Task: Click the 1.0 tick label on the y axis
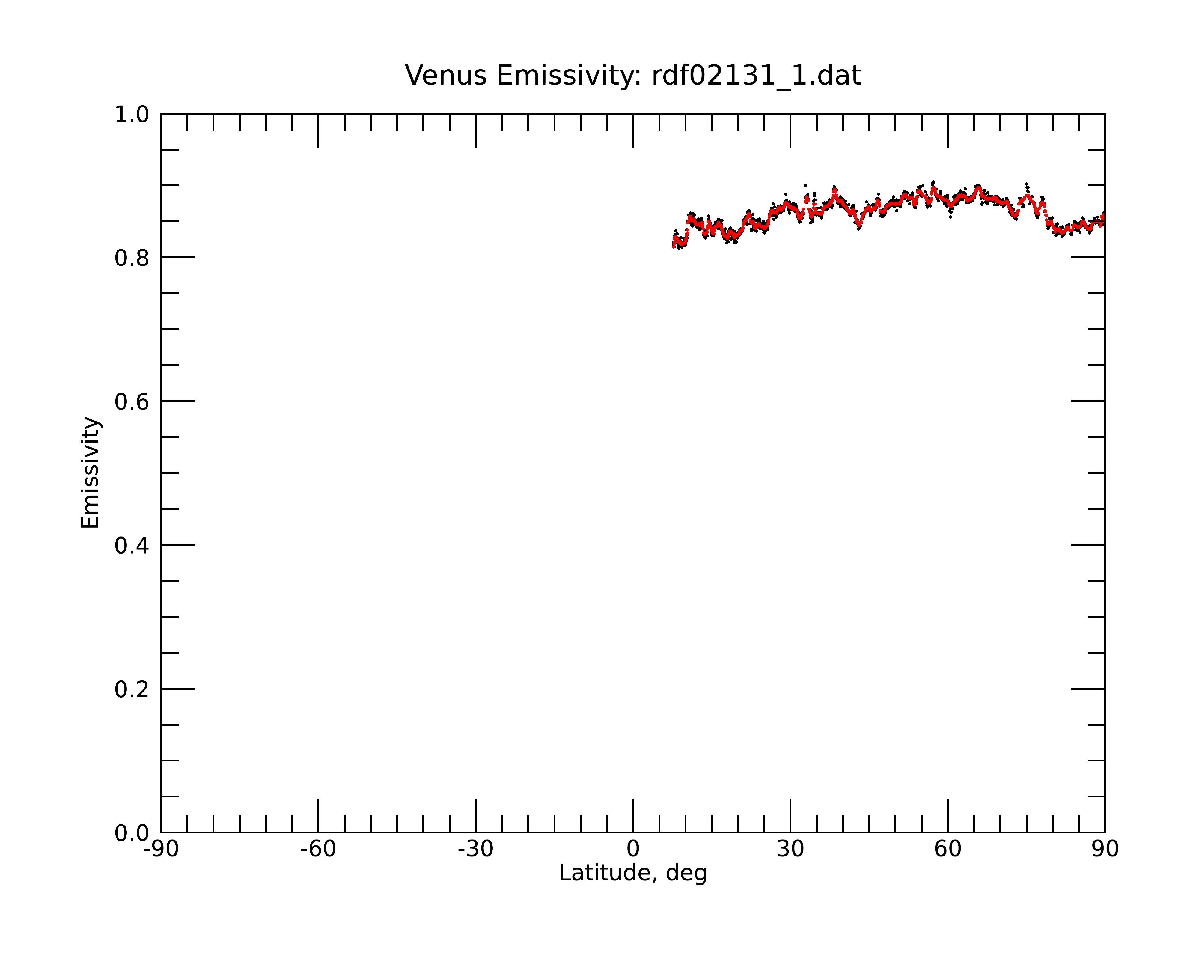pos(132,115)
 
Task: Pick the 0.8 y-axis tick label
pos(132,258)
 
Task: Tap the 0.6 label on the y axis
pos(132,402)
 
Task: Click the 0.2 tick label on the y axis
pos(132,689)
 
